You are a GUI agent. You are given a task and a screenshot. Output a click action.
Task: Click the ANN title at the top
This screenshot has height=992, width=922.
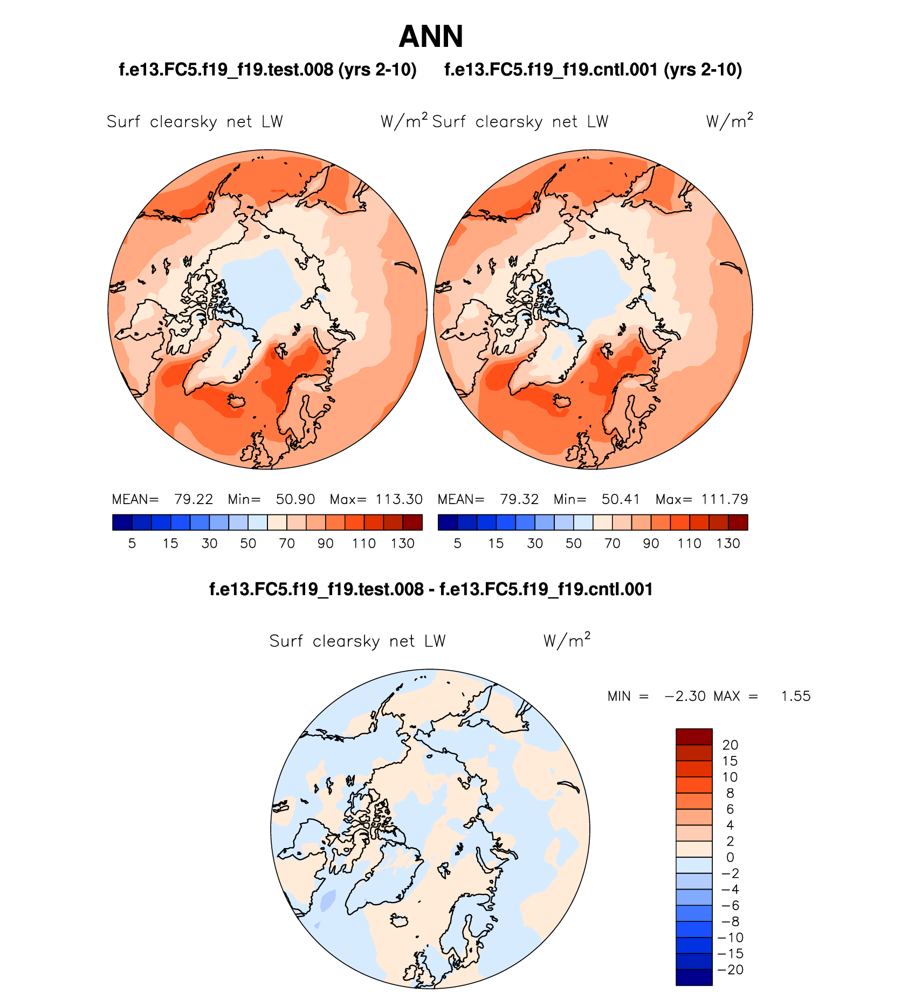coord(431,37)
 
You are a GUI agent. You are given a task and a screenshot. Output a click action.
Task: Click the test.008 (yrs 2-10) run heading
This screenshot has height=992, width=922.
coord(267,70)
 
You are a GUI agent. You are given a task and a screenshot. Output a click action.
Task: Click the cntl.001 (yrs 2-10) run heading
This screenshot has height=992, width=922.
coord(593,70)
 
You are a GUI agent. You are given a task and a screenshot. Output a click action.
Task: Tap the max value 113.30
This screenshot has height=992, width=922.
coord(399,499)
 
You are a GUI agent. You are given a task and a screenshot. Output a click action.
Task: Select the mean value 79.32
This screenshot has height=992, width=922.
coord(519,499)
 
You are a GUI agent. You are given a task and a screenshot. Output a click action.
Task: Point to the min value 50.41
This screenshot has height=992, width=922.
coord(621,499)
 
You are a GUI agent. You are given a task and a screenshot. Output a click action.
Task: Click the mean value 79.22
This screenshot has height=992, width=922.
coord(194,499)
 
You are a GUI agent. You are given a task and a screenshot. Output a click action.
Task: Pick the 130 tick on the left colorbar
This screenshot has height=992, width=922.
coord(403,543)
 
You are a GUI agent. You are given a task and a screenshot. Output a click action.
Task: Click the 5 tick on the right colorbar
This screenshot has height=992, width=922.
coord(458,543)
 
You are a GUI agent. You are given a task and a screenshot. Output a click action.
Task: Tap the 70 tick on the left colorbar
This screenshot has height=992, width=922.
coord(287,543)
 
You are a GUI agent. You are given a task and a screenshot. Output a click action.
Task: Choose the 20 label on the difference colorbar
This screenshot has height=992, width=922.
coord(730,745)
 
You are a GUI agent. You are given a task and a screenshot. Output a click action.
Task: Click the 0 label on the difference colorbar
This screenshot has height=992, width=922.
coord(730,857)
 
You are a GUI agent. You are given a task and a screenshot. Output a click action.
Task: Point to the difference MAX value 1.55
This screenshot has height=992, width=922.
coord(796,696)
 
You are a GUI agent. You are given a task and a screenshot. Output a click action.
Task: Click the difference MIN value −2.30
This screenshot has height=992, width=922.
coord(685,696)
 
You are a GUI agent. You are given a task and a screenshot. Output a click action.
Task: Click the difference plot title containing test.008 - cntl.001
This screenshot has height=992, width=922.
coord(431,589)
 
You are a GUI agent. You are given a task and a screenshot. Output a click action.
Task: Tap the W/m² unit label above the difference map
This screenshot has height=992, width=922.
coord(567,640)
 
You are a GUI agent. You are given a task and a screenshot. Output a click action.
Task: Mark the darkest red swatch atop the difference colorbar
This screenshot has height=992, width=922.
coord(694,736)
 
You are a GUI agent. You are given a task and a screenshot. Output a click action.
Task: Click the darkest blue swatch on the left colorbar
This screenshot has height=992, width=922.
coord(122,522)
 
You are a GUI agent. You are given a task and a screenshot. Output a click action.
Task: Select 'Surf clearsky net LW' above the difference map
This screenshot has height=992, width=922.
coord(357,641)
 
